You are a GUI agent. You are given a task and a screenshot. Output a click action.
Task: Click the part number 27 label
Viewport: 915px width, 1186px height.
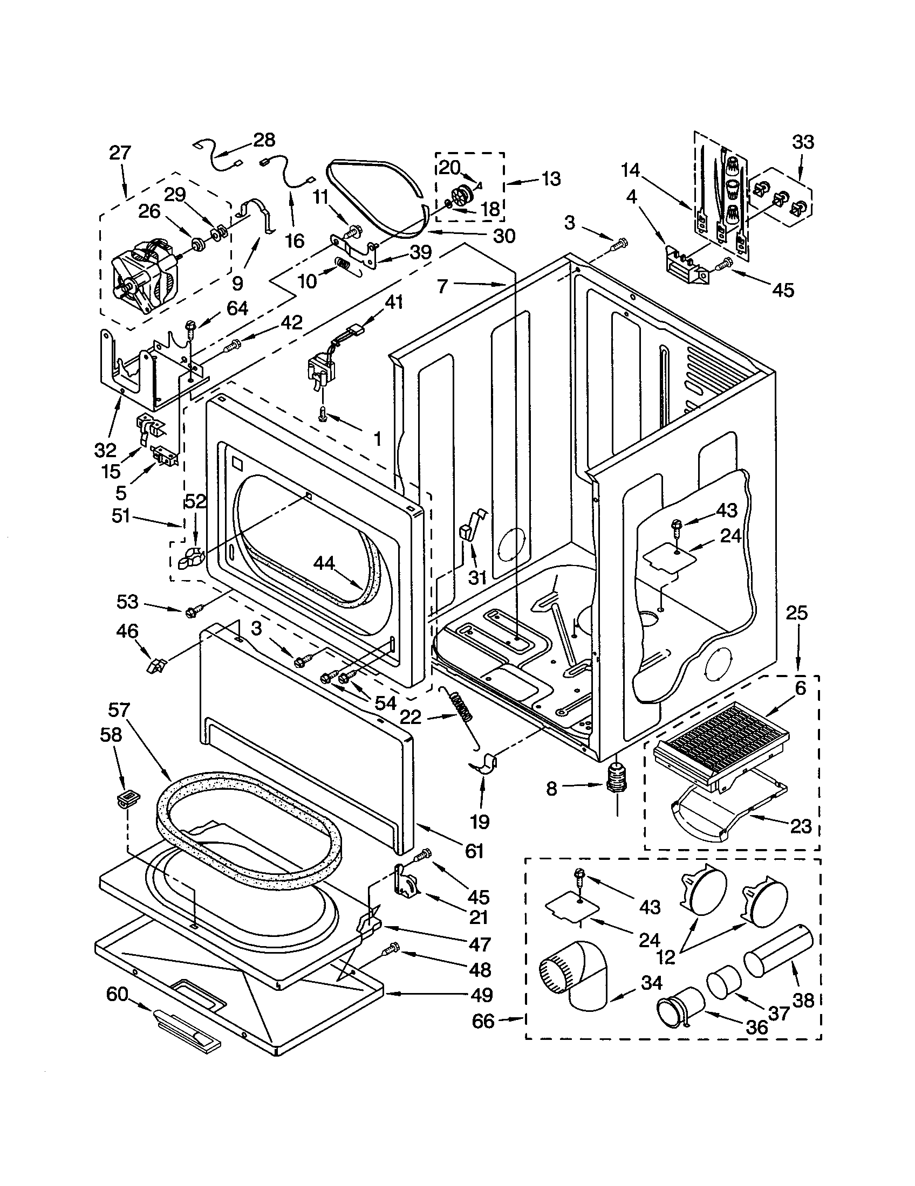click(x=120, y=153)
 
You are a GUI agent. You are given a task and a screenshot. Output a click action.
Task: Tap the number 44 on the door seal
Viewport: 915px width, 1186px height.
click(x=324, y=564)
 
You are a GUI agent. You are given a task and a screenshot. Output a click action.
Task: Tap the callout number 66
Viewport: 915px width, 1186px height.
click(x=483, y=1021)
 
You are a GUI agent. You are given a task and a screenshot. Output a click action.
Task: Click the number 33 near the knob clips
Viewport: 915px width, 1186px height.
click(x=803, y=142)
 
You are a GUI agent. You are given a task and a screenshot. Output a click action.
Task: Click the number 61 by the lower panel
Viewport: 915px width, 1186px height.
click(x=474, y=850)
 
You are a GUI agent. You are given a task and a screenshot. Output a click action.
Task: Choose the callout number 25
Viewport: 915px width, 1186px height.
click(x=796, y=612)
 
